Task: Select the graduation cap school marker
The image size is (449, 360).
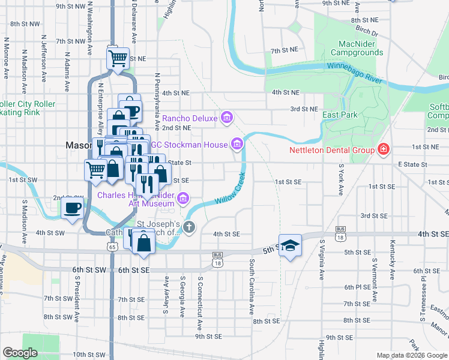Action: pos(291,245)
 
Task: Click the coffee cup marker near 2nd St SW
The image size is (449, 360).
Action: pos(73,209)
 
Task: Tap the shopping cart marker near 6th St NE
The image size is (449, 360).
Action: pos(118,58)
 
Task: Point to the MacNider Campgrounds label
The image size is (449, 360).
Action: pos(352,48)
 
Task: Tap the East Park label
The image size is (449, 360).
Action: pos(340,115)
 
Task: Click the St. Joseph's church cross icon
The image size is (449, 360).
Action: pos(189,227)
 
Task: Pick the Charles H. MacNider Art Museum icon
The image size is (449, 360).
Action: pos(183,198)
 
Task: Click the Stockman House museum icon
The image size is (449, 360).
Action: pos(237,144)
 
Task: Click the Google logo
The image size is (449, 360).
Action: pos(20,353)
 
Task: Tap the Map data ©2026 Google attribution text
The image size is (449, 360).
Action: pos(411,355)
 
